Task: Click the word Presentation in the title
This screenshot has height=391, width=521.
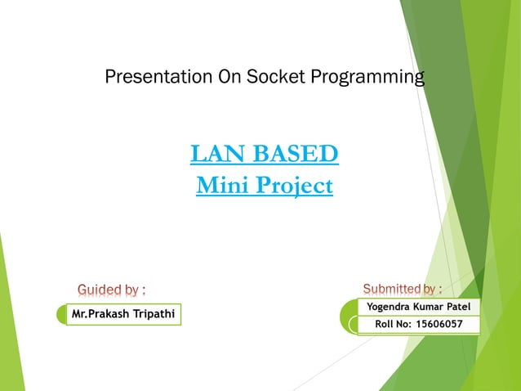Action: pos(158,76)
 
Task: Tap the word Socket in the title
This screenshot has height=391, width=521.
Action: pos(275,76)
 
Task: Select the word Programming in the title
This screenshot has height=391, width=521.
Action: pos(367,78)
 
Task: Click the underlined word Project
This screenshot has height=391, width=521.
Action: pos(295,187)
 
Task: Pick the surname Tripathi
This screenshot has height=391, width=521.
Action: pos(154,314)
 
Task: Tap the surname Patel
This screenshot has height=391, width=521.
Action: pos(459,306)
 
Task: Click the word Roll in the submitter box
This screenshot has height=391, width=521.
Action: pos(383,324)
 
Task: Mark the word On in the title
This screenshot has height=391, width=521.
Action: pos(229,76)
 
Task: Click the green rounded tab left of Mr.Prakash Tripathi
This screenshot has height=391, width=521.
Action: pos(62,314)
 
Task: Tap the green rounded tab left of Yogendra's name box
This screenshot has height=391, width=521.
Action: pos(349,316)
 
